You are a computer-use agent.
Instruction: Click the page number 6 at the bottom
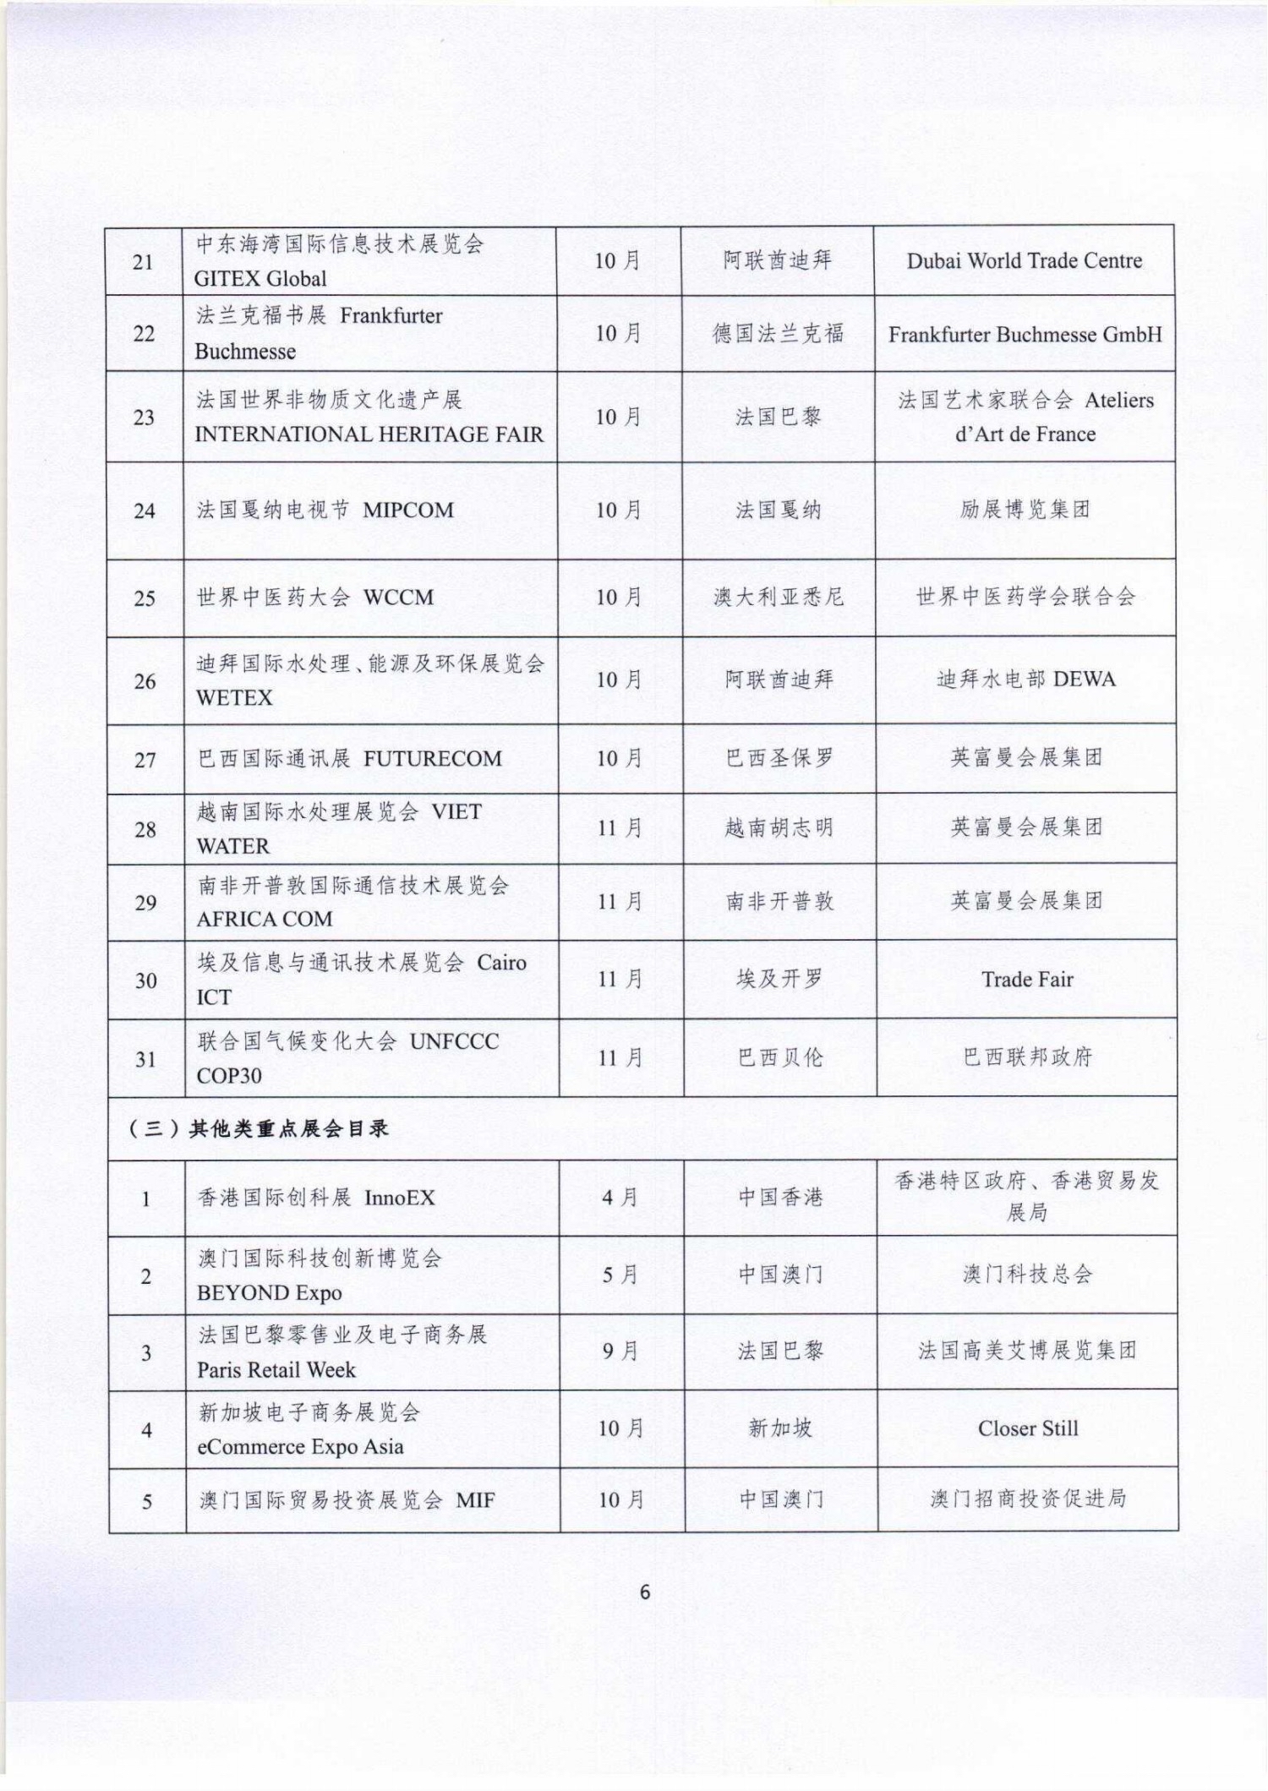(645, 1592)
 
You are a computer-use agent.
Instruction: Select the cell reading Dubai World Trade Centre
(1024, 261)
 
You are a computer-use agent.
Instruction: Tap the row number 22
(144, 334)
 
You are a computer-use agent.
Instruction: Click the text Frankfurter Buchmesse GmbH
(1025, 335)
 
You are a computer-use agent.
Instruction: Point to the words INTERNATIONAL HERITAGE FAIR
(369, 434)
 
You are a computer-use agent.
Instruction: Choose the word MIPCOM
(408, 511)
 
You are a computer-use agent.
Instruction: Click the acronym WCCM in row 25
(398, 598)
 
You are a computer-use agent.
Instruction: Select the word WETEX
(234, 698)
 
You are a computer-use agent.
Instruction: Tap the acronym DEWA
(1085, 680)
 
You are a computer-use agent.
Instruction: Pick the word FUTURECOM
(432, 759)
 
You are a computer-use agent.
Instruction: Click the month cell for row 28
(620, 828)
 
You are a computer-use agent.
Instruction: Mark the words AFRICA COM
(265, 920)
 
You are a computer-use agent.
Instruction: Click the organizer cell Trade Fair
(1027, 980)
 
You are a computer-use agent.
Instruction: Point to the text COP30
(229, 1076)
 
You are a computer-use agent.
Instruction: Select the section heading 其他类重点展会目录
(287, 1129)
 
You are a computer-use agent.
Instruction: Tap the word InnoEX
(399, 1199)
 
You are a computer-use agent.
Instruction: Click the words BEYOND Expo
(269, 1293)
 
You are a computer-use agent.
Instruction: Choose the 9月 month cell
(620, 1351)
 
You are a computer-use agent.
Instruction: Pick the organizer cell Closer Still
(1028, 1428)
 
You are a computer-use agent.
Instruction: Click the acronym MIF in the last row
(475, 1500)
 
